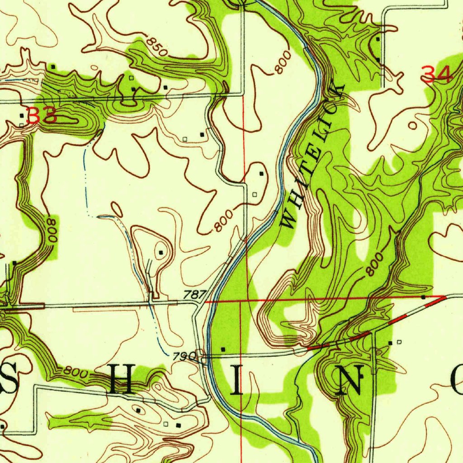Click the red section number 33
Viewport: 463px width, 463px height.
pos(42,116)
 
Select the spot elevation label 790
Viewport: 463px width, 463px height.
pos(184,356)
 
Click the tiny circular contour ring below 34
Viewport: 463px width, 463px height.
pos(412,125)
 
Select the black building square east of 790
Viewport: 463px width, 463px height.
pos(222,349)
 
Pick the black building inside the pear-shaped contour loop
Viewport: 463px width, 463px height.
pos(161,252)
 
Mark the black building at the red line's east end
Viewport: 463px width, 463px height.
pos(423,297)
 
